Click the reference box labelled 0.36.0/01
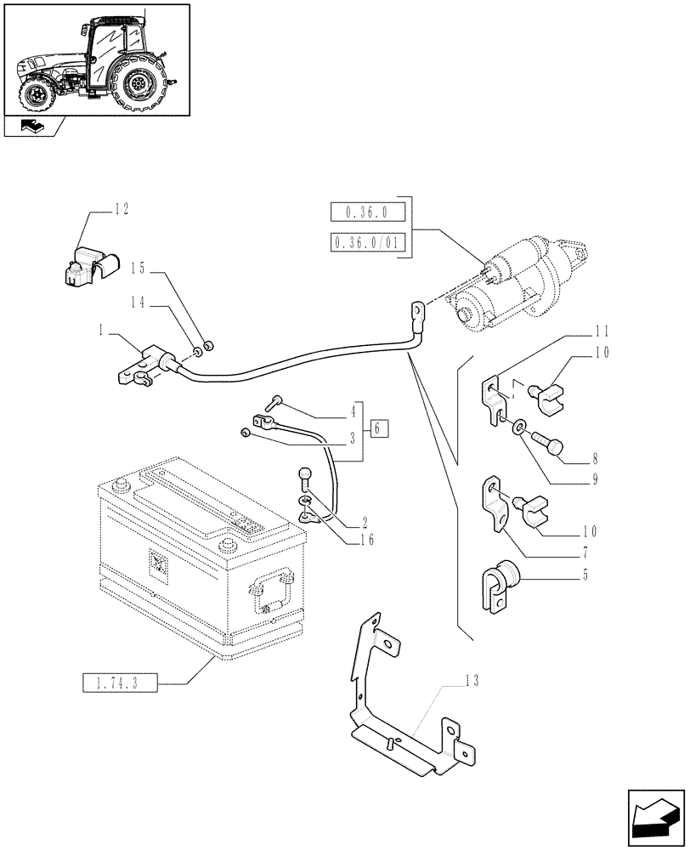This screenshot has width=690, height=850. coord(366,245)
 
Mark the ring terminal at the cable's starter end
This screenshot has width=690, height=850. coord(418,312)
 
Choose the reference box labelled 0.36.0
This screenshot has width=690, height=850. coord(366,212)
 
